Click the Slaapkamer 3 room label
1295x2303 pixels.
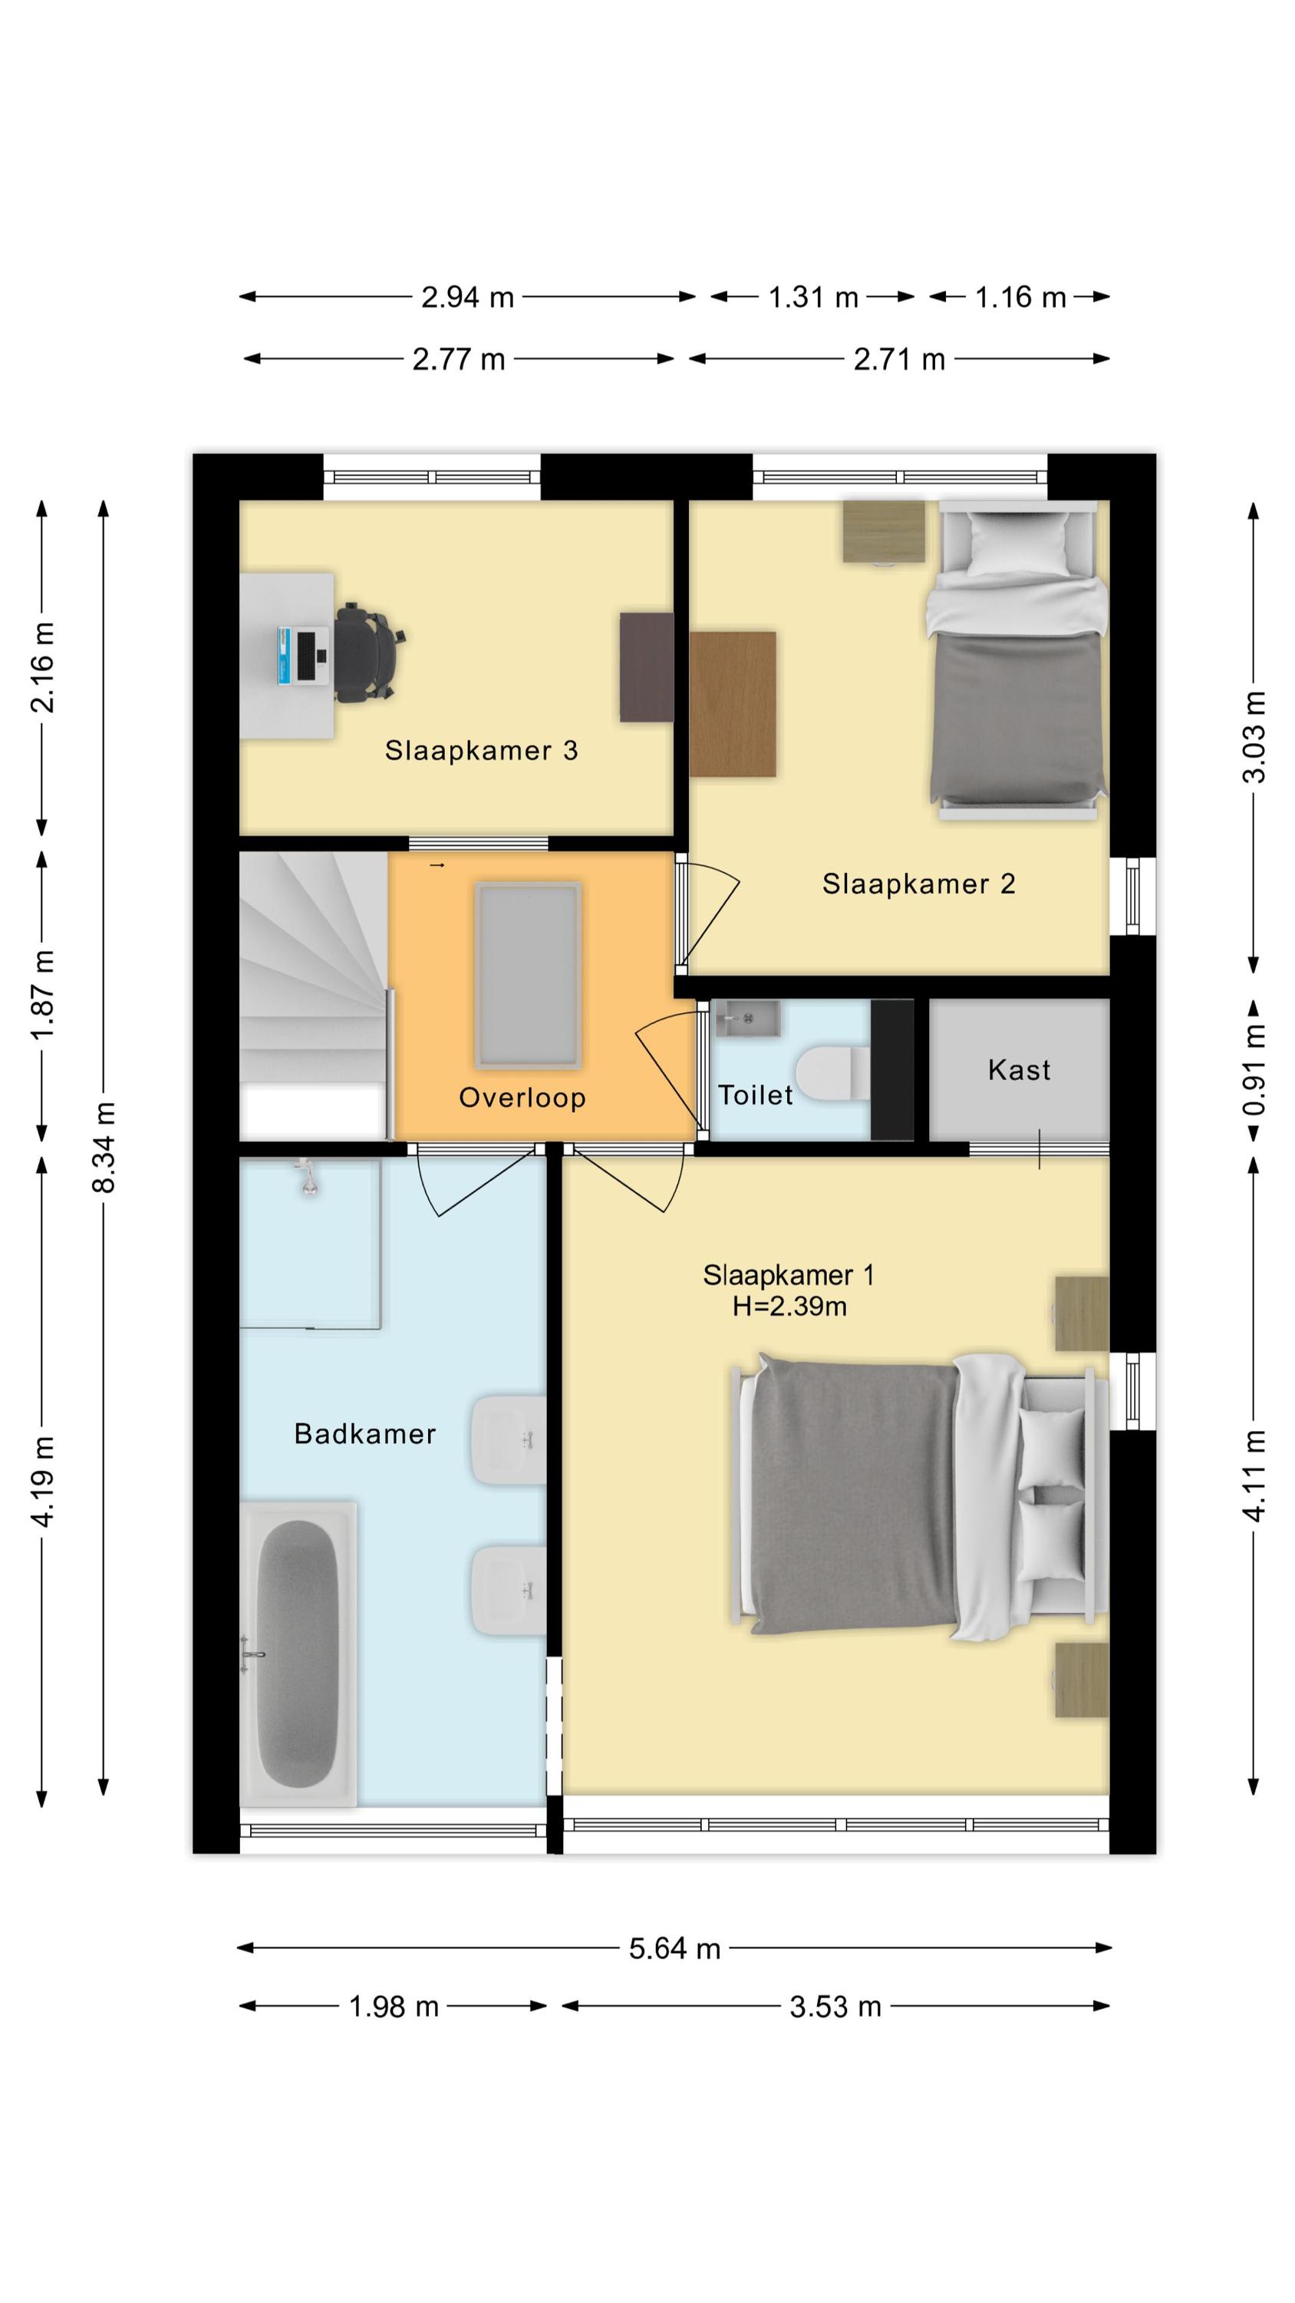click(x=481, y=751)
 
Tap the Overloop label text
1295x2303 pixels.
click(x=522, y=1097)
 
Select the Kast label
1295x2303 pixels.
click(x=1019, y=1069)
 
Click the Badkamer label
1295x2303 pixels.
click(x=364, y=1434)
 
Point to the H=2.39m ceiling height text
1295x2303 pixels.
click(x=789, y=1306)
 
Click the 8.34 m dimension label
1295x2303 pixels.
click(x=104, y=1148)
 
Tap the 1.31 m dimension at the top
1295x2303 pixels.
click(x=813, y=297)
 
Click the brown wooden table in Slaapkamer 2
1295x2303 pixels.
click(x=732, y=705)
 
